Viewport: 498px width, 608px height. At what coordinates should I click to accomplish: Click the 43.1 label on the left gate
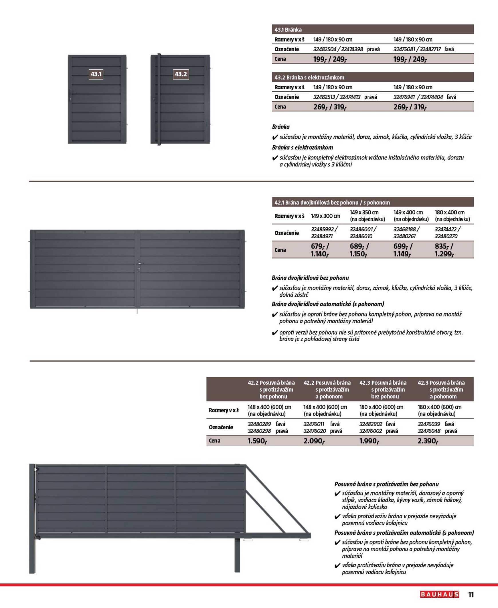tap(96, 74)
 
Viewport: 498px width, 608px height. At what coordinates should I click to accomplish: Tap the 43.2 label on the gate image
tap(181, 74)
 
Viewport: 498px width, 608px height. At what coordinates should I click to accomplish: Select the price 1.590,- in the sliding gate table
tap(257, 441)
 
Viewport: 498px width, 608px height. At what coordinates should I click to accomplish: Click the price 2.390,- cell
tap(428, 441)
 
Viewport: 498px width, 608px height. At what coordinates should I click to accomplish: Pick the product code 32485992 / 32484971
tap(324, 233)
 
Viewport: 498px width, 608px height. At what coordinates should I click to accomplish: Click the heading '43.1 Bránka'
tap(288, 29)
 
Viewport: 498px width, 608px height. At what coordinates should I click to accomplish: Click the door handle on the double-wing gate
tap(139, 265)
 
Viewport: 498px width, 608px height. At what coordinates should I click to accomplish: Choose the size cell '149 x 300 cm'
tap(325, 216)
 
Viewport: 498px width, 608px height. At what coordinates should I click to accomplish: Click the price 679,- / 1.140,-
tap(320, 250)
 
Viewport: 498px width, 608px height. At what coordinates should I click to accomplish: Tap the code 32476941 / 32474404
tap(418, 97)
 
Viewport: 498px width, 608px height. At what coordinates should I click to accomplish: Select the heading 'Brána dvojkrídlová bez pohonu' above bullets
tap(310, 278)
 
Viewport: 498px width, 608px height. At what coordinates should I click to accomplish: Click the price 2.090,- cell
tap(314, 441)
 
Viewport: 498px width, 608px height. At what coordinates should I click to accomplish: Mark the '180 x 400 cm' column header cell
tap(452, 216)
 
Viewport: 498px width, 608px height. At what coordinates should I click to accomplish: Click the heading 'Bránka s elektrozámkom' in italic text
tap(302, 147)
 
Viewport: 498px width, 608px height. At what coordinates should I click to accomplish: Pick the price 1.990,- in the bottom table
tap(369, 441)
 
